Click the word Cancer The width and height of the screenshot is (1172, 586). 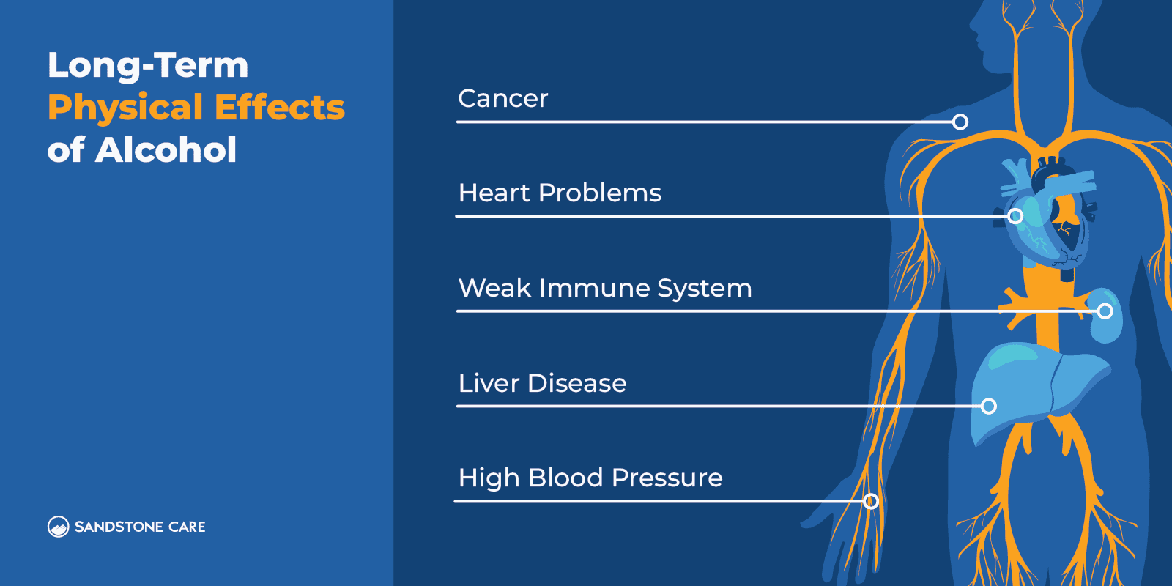point(502,99)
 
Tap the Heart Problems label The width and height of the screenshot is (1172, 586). point(560,193)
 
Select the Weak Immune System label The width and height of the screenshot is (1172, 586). point(604,289)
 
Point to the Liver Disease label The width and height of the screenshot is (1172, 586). point(542,383)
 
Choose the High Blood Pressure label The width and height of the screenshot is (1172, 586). point(590,478)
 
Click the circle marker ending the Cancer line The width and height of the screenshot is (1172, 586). point(960,122)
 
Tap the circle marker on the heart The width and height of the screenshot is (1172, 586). point(1015,216)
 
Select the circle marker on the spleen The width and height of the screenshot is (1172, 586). point(1105,311)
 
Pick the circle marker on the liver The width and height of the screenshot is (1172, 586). point(989,406)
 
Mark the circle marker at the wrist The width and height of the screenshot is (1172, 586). point(870,501)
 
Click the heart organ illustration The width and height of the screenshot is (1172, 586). point(1047,220)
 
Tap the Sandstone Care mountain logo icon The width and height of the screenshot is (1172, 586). point(58,527)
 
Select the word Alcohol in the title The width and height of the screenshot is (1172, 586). point(166,150)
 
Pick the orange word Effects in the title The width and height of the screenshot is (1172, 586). point(280,108)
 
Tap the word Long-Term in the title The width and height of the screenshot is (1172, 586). point(148,65)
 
